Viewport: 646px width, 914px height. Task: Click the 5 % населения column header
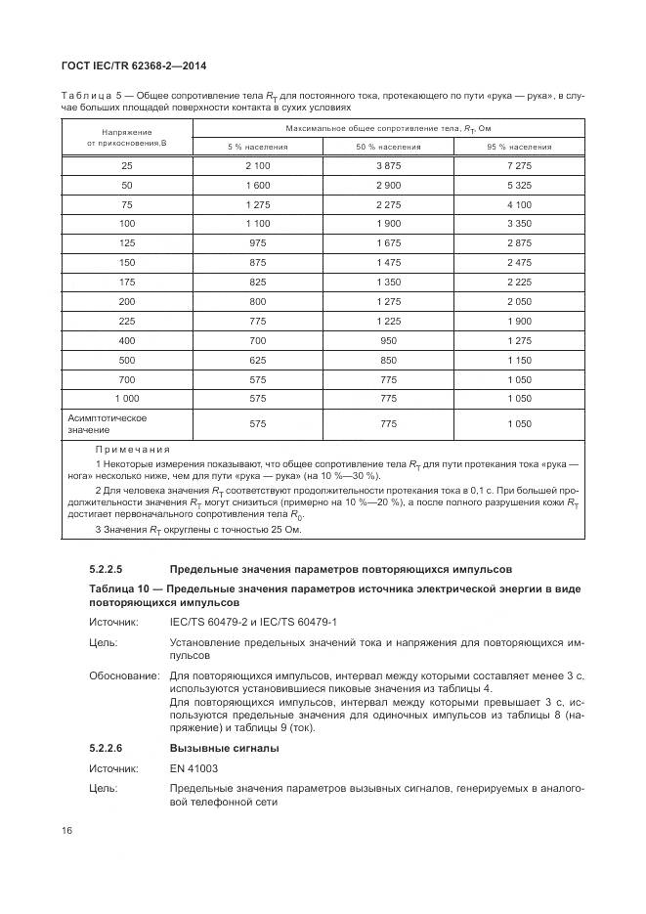pos(257,147)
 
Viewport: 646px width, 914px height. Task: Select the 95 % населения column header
pos(518,147)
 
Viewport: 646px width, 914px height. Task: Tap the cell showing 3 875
pos(388,166)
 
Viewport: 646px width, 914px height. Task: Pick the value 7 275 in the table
pos(518,166)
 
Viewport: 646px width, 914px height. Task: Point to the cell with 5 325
pos(518,185)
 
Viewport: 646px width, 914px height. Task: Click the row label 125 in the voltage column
pos(127,241)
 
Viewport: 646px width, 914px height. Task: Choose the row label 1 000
pos(127,398)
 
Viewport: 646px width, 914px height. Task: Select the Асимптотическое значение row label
pos(108,423)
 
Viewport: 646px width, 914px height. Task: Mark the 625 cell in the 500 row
pos(257,361)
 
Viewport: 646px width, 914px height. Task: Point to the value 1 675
pos(388,241)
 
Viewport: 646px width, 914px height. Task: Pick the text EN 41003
pos(194,768)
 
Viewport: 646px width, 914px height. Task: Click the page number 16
pos(67,831)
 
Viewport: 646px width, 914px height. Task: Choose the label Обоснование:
pos(124,675)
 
